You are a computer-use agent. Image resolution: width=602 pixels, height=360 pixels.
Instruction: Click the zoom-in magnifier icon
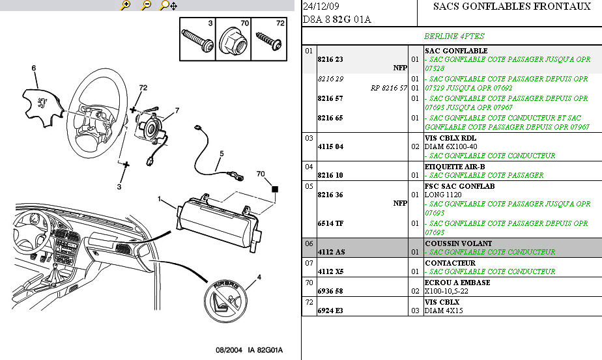[x=126, y=5]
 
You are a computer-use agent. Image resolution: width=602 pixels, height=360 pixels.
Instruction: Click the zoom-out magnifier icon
[x=147, y=5]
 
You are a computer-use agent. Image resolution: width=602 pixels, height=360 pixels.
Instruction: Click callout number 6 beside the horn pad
[x=34, y=68]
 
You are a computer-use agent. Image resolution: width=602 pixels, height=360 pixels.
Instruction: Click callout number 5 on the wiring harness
[x=221, y=154]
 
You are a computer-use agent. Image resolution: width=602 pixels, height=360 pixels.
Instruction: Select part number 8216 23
[x=330, y=59]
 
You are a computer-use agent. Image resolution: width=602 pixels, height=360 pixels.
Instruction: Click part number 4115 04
[x=330, y=146]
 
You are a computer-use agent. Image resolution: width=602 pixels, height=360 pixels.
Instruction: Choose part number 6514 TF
[x=330, y=223]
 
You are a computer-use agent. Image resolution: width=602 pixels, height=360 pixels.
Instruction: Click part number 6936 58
[x=330, y=291]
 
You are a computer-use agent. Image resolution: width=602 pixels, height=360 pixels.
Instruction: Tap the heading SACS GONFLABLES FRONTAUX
[x=502, y=7]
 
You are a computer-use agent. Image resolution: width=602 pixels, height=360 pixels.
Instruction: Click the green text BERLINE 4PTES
[x=454, y=36]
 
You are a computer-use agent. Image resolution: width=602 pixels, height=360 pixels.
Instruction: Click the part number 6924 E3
[x=330, y=311]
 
